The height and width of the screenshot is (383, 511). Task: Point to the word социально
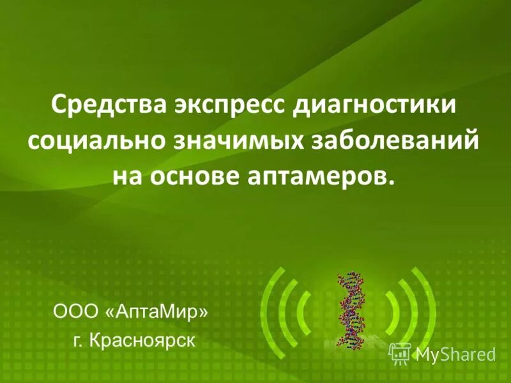click(x=94, y=139)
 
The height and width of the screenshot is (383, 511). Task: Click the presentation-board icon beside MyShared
click(x=400, y=352)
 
